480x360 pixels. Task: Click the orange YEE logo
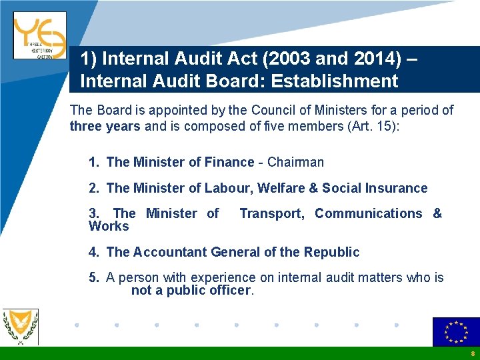point(39,35)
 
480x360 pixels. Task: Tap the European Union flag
point(456,331)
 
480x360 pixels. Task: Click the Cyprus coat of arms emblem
point(21,326)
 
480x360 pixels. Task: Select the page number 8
point(472,354)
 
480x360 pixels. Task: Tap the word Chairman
point(296,162)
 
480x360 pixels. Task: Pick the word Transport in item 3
point(271,213)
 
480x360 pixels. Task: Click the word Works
point(109,227)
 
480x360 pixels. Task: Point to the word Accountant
point(170,252)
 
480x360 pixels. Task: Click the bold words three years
point(105,127)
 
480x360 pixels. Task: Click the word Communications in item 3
point(369,213)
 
